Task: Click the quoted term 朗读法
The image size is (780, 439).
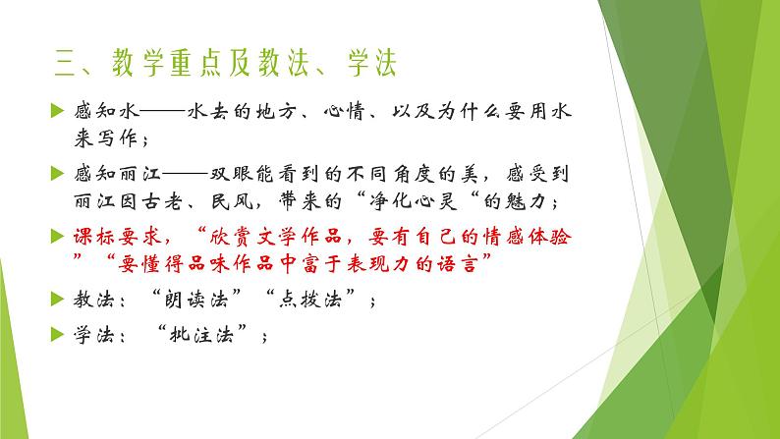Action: [202, 301]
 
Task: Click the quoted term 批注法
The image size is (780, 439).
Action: [212, 333]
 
